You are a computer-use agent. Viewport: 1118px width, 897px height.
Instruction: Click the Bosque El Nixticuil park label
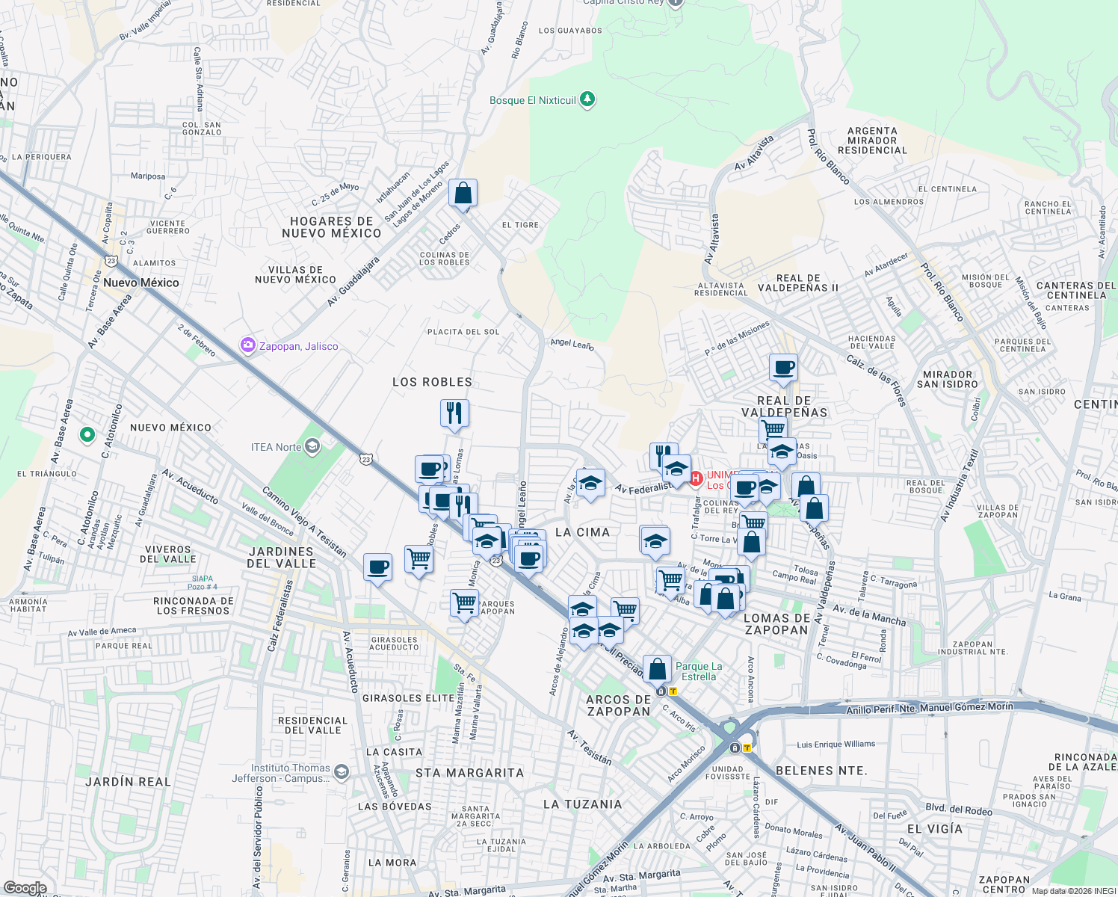(x=532, y=100)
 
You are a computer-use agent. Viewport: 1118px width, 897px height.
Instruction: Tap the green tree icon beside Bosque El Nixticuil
(x=587, y=99)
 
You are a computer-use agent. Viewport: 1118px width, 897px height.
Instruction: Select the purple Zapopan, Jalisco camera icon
(x=247, y=345)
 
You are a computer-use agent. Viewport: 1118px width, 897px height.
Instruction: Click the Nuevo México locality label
(x=141, y=283)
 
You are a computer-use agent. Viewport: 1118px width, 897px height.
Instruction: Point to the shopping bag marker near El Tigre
(x=463, y=193)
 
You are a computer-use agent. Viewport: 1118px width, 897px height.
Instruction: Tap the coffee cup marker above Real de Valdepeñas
(x=783, y=368)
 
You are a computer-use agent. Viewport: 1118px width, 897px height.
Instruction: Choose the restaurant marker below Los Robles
(x=454, y=413)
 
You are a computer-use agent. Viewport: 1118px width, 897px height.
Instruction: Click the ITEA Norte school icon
(x=312, y=447)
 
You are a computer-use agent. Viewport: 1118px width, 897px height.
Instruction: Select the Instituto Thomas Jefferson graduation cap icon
(x=342, y=772)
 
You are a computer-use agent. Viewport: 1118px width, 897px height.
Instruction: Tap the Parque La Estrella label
(x=699, y=671)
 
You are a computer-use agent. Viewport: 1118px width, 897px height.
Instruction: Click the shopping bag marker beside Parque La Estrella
(x=658, y=669)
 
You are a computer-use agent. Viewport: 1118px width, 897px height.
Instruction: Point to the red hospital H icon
(x=696, y=478)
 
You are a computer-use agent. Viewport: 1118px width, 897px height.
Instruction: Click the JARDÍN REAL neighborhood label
(x=128, y=782)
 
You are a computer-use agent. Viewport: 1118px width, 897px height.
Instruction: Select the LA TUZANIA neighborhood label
(x=583, y=804)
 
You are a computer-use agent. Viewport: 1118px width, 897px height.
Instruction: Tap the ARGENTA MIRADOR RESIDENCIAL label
(x=872, y=141)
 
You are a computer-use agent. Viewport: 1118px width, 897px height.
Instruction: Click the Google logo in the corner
(x=25, y=888)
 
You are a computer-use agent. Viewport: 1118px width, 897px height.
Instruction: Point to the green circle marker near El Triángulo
(x=87, y=434)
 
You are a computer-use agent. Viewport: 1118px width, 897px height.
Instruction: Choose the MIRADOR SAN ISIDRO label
(x=947, y=379)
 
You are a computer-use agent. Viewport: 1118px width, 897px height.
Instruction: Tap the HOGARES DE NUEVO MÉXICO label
(x=332, y=227)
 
